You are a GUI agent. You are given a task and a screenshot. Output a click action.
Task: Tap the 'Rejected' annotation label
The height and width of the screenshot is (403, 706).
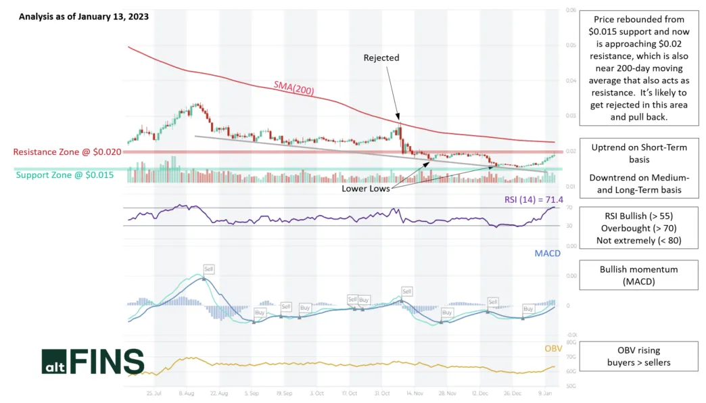click(381, 57)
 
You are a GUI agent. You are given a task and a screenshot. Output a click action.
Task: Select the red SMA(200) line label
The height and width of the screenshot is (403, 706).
click(293, 87)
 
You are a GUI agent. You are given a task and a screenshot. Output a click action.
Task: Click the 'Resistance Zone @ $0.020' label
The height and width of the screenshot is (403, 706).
click(67, 152)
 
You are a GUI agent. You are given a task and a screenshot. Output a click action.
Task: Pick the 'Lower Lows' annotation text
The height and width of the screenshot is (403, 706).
click(365, 189)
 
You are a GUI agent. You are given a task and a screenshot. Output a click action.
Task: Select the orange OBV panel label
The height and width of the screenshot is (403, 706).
click(553, 349)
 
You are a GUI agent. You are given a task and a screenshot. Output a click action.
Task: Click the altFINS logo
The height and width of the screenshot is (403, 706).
click(93, 362)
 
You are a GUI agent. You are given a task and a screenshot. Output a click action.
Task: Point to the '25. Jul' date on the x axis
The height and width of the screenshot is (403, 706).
click(154, 392)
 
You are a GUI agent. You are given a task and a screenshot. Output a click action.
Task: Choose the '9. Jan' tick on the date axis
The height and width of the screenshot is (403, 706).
click(546, 392)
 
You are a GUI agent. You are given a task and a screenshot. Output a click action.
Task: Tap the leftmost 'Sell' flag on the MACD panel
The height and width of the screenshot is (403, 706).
click(209, 268)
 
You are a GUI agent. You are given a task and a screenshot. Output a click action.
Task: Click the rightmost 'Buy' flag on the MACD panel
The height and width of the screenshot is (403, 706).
click(528, 308)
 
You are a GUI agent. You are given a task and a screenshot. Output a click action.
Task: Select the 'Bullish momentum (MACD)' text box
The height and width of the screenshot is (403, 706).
click(638, 275)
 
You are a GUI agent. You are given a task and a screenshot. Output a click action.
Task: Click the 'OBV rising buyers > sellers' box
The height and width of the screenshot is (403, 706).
click(638, 356)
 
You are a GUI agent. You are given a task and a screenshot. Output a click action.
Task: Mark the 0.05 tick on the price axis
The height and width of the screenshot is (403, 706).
click(571, 45)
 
